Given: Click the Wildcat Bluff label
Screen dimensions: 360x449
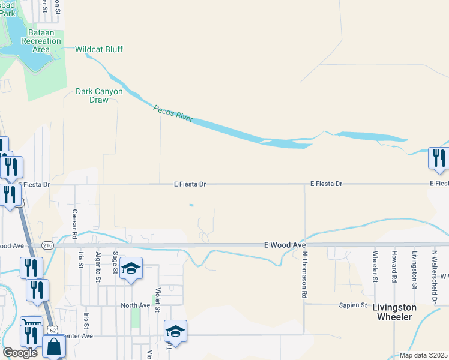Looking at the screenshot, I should click(98, 49).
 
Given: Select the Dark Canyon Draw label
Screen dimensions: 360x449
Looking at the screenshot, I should click(99, 96).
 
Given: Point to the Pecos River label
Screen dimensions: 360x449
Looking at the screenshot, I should click(173, 113).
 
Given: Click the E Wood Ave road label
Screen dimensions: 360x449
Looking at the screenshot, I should click(285, 245).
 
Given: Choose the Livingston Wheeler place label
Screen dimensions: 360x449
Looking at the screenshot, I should click(394, 311).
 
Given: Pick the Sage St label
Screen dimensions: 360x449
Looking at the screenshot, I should click(115, 262).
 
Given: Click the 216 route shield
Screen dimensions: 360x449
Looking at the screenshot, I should click(48, 245).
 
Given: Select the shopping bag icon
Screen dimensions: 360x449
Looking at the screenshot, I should click(54, 347).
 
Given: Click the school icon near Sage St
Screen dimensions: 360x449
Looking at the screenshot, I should click(130, 268).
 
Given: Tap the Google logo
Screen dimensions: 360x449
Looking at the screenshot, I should click(20, 353).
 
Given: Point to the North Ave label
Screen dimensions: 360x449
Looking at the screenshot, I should click(136, 305).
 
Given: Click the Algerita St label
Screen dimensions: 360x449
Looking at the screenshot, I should click(98, 262).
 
